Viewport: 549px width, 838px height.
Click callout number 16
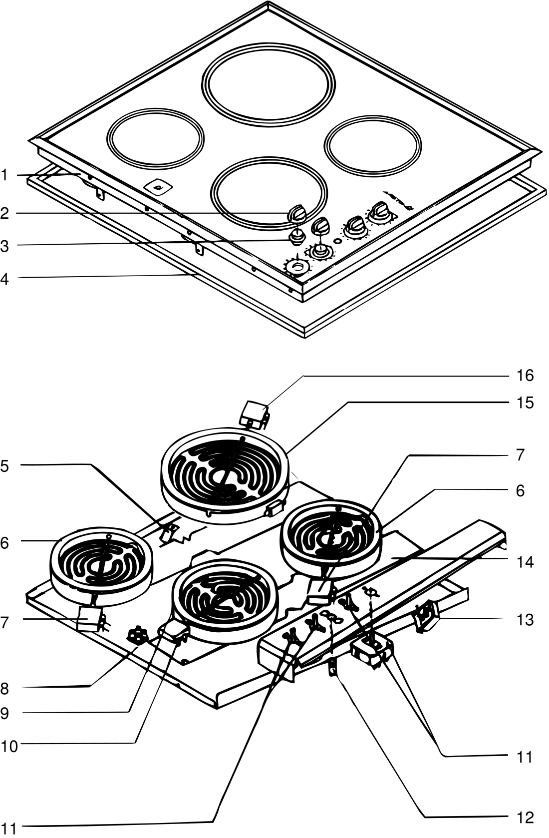point(525,376)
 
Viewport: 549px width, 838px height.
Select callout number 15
point(525,403)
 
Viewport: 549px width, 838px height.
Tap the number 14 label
point(525,562)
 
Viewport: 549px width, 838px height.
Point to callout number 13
point(525,620)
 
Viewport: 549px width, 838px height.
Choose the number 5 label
point(4,466)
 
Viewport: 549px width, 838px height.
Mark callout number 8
point(4,689)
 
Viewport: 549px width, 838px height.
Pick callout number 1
point(4,175)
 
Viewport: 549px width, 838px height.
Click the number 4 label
point(4,279)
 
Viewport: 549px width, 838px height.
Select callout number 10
point(9,746)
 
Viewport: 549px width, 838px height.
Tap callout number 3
point(4,247)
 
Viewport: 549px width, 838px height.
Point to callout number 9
point(4,714)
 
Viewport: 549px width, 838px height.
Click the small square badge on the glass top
point(158,186)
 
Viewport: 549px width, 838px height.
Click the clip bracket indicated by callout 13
point(426,619)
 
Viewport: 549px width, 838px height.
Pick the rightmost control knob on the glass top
point(380,212)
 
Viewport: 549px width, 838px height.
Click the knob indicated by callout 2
point(297,214)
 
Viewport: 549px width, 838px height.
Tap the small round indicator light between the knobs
point(338,241)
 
